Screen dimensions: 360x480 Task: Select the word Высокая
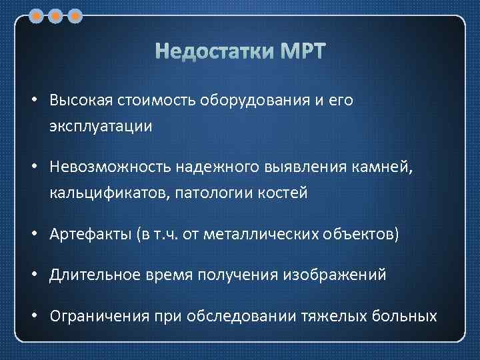click(81, 100)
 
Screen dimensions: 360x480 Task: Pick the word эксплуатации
click(100, 125)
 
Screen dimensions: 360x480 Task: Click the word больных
click(407, 315)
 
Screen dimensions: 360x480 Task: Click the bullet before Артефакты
click(33, 234)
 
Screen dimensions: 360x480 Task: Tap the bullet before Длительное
click(33, 275)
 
